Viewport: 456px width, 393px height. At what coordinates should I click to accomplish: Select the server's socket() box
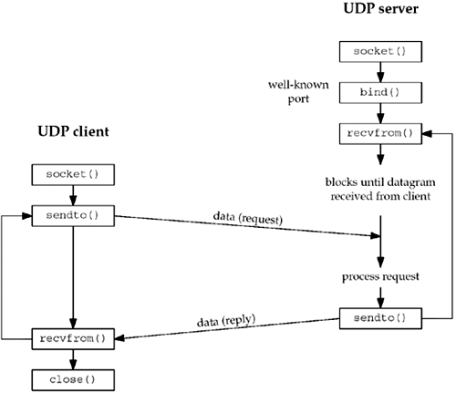[380, 51]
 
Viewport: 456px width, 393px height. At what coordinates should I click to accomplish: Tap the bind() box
[380, 92]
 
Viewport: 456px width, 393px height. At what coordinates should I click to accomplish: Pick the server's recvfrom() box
[380, 133]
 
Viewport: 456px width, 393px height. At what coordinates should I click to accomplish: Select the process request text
[380, 274]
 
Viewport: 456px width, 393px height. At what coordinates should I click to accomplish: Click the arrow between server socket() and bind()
[380, 71]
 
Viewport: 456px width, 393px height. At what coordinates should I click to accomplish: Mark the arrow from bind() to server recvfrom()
[380, 112]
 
